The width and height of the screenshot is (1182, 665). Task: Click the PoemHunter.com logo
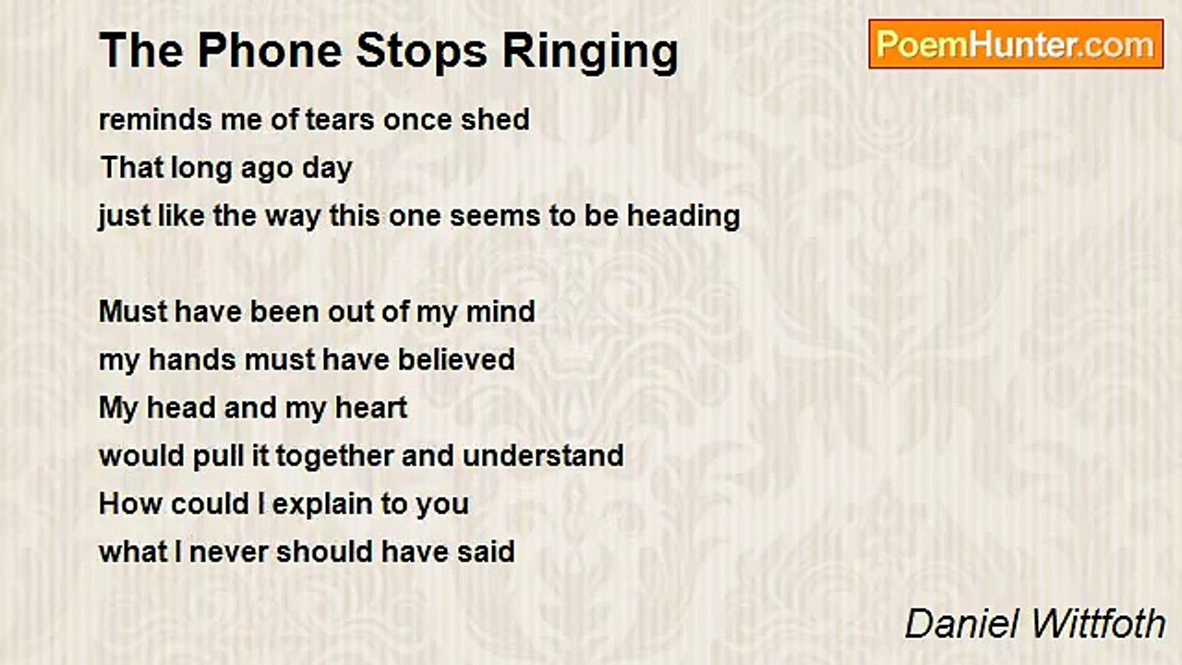pyautogui.click(x=1016, y=44)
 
